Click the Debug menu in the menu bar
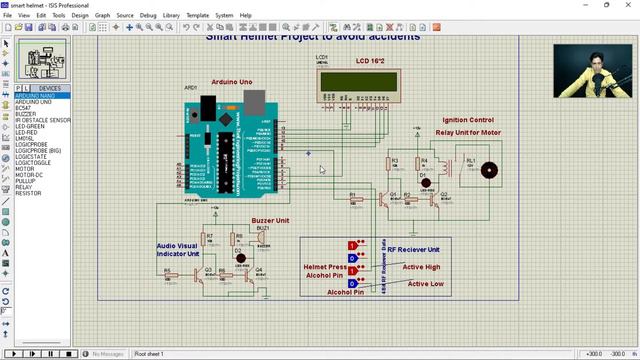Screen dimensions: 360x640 (x=148, y=16)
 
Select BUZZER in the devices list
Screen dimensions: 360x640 (x=27, y=114)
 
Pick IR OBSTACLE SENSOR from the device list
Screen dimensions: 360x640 (x=43, y=120)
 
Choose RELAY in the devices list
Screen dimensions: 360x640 (x=24, y=187)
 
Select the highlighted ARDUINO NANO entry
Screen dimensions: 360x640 (x=36, y=96)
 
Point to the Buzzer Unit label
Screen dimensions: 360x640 (x=270, y=219)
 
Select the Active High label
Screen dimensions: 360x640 (x=421, y=267)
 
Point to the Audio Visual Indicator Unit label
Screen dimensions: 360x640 (x=178, y=249)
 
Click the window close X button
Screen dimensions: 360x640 (x=632, y=5)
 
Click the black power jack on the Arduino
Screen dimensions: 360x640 (x=208, y=104)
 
